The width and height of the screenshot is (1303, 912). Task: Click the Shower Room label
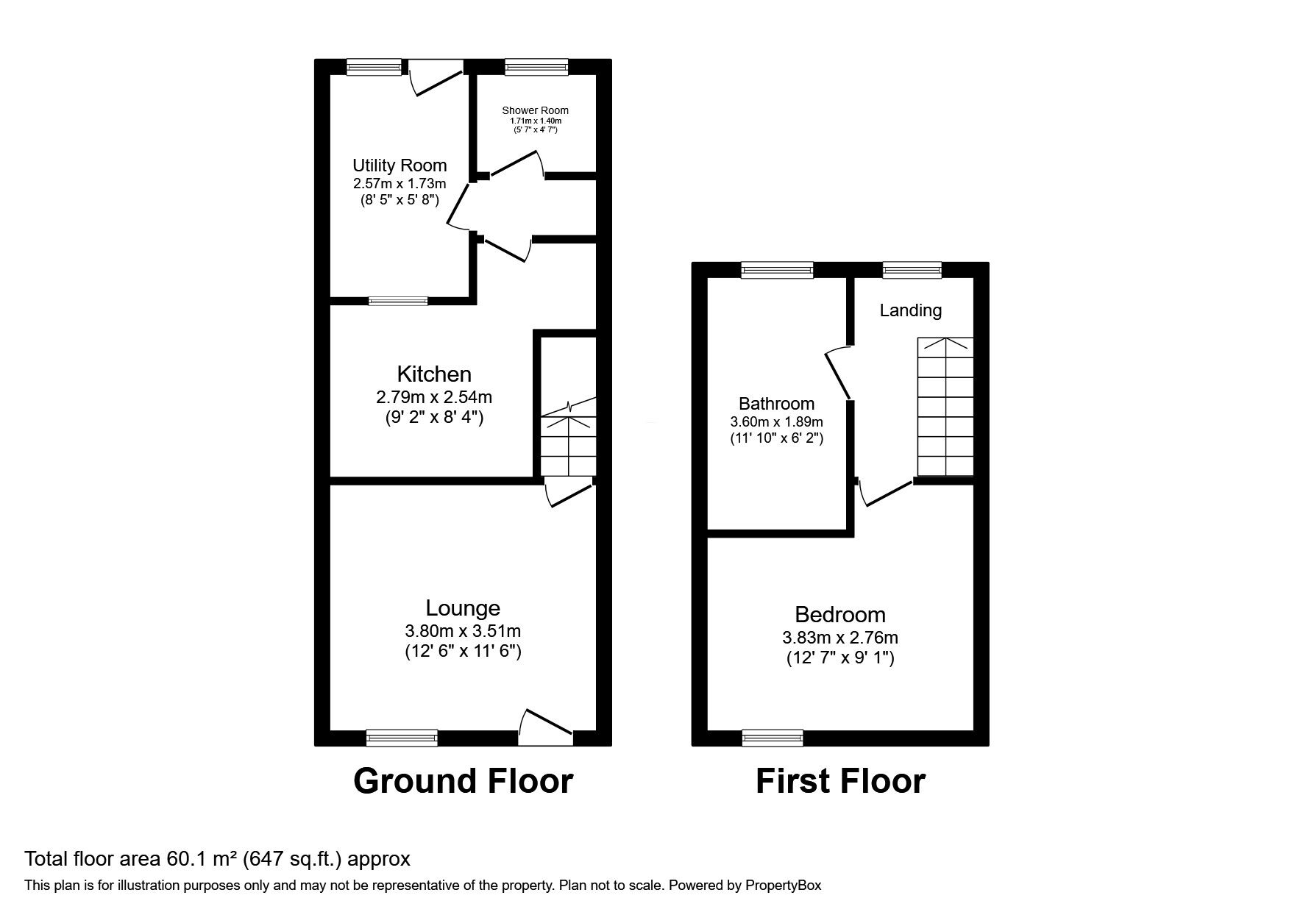coord(535,110)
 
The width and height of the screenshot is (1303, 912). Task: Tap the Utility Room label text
coord(399,165)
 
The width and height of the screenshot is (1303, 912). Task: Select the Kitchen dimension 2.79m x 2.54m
coord(433,398)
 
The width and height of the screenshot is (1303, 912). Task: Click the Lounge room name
coord(463,608)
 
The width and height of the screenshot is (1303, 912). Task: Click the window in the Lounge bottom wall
coord(402,737)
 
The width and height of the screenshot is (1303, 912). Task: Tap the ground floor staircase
coord(568,445)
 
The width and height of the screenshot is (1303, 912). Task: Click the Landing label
coord(910,310)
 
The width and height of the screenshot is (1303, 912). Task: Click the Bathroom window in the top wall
coord(777,270)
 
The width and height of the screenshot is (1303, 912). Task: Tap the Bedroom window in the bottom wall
coord(773,737)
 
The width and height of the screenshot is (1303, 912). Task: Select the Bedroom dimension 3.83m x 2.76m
coord(839,638)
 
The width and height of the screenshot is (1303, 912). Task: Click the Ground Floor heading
coord(463,781)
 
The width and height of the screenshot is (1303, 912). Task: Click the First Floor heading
coord(839,781)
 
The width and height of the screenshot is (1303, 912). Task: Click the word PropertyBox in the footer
coord(783,886)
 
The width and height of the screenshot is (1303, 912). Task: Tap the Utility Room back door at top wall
coord(436,76)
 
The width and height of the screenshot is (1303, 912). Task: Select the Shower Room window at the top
coord(536,68)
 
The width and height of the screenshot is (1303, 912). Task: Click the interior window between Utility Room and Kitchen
coord(398,300)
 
